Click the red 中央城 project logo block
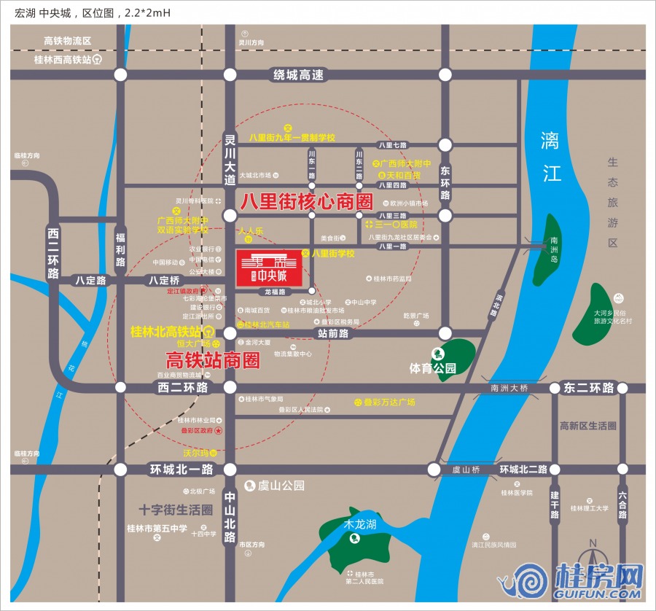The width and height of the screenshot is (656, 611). (x=268, y=267)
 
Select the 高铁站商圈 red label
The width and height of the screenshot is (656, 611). (x=213, y=359)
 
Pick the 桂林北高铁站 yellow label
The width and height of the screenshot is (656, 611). (x=166, y=332)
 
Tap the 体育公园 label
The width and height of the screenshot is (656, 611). (x=432, y=369)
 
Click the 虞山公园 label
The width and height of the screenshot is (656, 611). (x=281, y=486)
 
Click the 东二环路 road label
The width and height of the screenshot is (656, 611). (x=589, y=388)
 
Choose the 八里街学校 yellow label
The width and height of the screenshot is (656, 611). (x=332, y=254)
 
